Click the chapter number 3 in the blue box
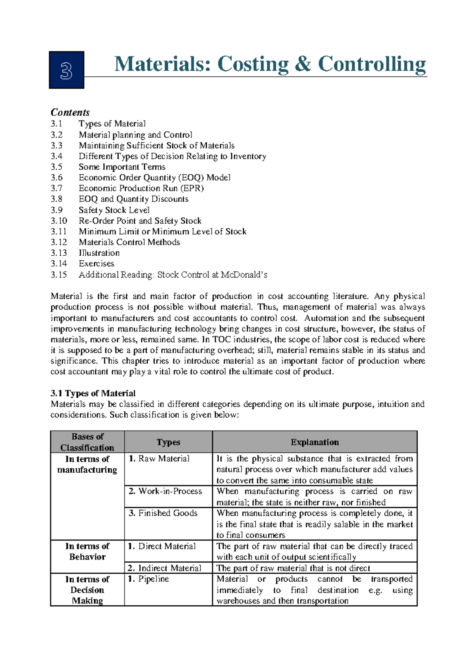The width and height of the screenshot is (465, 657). [66, 71]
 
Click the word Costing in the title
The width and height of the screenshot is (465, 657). [253, 64]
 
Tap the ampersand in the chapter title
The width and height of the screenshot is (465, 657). [303, 64]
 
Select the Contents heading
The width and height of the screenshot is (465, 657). [70, 112]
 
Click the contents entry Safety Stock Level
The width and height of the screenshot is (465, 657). [114, 210]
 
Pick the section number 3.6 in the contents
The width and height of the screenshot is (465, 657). [57, 177]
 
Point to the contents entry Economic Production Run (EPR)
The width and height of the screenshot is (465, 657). [141, 188]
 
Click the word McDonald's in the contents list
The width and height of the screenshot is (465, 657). [244, 275]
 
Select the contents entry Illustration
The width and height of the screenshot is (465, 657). [99, 253]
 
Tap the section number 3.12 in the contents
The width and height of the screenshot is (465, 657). [59, 242]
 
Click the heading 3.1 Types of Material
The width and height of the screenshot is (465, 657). [93, 393]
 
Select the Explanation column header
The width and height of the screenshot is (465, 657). [315, 442]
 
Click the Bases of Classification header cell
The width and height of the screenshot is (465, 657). [87, 442]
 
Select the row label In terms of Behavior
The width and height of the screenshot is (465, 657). [87, 551]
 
